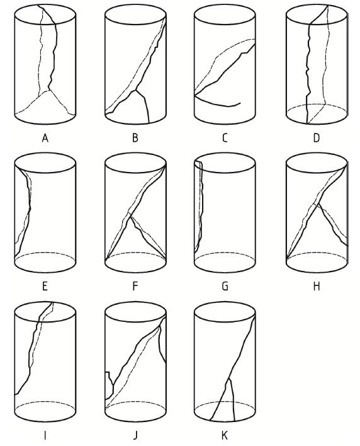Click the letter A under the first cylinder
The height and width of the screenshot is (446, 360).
click(x=45, y=138)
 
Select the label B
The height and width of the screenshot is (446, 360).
click(x=135, y=138)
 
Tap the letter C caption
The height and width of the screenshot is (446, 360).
click(x=225, y=138)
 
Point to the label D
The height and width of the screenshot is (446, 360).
click(x=316, y=138)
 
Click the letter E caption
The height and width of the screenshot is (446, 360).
click(x=45, y=286)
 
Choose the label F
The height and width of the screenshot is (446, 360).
click(x=135, y=286)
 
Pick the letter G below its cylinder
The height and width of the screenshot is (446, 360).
click(x=225, y=286)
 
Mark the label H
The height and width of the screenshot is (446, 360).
click(x=316, y=286)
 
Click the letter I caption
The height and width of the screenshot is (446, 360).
click(x=45, y=435)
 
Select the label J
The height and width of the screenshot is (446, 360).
click(x=135, y=435)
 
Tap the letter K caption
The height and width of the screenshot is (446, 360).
click(x=225, y=435)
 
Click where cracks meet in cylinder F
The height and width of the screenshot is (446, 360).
click(x=130, y=216)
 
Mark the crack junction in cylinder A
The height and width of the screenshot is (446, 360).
click(x=49, y=91)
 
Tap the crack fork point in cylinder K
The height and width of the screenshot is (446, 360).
click(x=228, y=379)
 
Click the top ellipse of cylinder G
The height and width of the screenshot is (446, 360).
click(x=225, y=173)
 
